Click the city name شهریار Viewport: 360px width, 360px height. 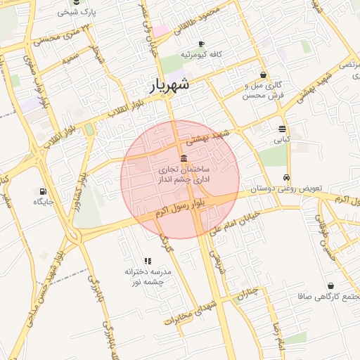tap(169, 86)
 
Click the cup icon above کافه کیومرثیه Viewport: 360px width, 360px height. tap(202, 44)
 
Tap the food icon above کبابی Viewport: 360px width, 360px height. tap(282, 129)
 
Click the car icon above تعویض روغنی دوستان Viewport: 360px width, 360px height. tap(286, 178)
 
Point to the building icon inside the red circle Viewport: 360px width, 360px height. tap(184, 157)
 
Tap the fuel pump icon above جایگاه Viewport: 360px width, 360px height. tap(44, 191)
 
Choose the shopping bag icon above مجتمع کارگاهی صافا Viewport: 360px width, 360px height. tap(331, 285)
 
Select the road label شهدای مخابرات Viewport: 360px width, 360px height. tap(188, 314)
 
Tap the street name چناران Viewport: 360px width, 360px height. tap(247, 293)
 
